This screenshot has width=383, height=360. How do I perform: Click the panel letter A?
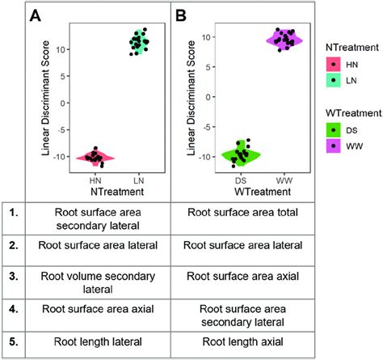pyautogui.click(x=36, y=15)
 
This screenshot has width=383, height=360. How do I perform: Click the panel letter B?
pyautogui.click(x=181, y=15)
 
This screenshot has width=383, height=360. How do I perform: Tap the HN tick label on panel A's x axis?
pyautogui.click(x=95, y=180)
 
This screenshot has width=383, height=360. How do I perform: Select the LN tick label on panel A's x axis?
pyautogui.click(x=139, y=180)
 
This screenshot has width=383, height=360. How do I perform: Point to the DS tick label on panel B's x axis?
pyautogui.click(x=241, y=180)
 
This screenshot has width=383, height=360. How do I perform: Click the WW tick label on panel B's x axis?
pyautogui.click(x=284, y=180)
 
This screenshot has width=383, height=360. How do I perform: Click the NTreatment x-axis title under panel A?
pyautogui.click(x=117, y=192)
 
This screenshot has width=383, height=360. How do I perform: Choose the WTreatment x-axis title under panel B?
pyautogui.click(x=263, y=192)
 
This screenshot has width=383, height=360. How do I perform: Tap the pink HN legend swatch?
pyautogui.click(x=334, y=65)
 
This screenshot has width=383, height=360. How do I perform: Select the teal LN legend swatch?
pyautogui.click(x=334, y=80)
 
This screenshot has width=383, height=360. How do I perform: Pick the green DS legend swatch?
pyautogui.click(x=334, y=130)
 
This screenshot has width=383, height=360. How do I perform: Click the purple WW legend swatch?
pyautogui.click(x=334, y=146)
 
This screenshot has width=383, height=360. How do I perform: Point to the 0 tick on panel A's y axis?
pyautogui.click(x=63, y=103)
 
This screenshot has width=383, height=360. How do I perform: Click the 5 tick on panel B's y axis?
pyautogui.click(x=208, y=67)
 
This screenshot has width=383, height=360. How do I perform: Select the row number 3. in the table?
pyautogui.click(x=14, y=277)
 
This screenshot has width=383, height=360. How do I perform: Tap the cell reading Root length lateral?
pyautogui.click(x=98, y=341)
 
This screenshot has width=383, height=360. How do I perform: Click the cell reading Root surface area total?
pyautogui.click(x=242, y=212)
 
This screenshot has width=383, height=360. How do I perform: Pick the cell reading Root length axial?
pyautogui.click(x=242, y=341)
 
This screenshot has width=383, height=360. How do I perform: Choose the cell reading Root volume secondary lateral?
pyautogui.click(x=98, y=282)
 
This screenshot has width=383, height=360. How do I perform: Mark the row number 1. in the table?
pyautogui.click(x=14, y=213)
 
